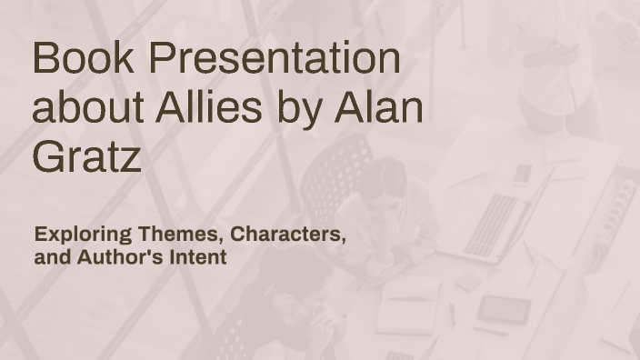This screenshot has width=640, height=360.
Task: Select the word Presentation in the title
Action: pyautogui.click(x=274, y=59)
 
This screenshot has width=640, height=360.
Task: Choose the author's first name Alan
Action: pyautogui.click(x=379, y=108)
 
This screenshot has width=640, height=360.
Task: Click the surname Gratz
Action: pyautogui.click(x=86, y=156)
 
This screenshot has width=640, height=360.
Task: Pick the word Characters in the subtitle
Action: pyautogui.click(x=288, y=235)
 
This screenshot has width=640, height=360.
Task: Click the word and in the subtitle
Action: pyautogui.click(x=52, y=257)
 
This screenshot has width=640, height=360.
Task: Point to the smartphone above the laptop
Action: pyautogui.click(x=522, y=173)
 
